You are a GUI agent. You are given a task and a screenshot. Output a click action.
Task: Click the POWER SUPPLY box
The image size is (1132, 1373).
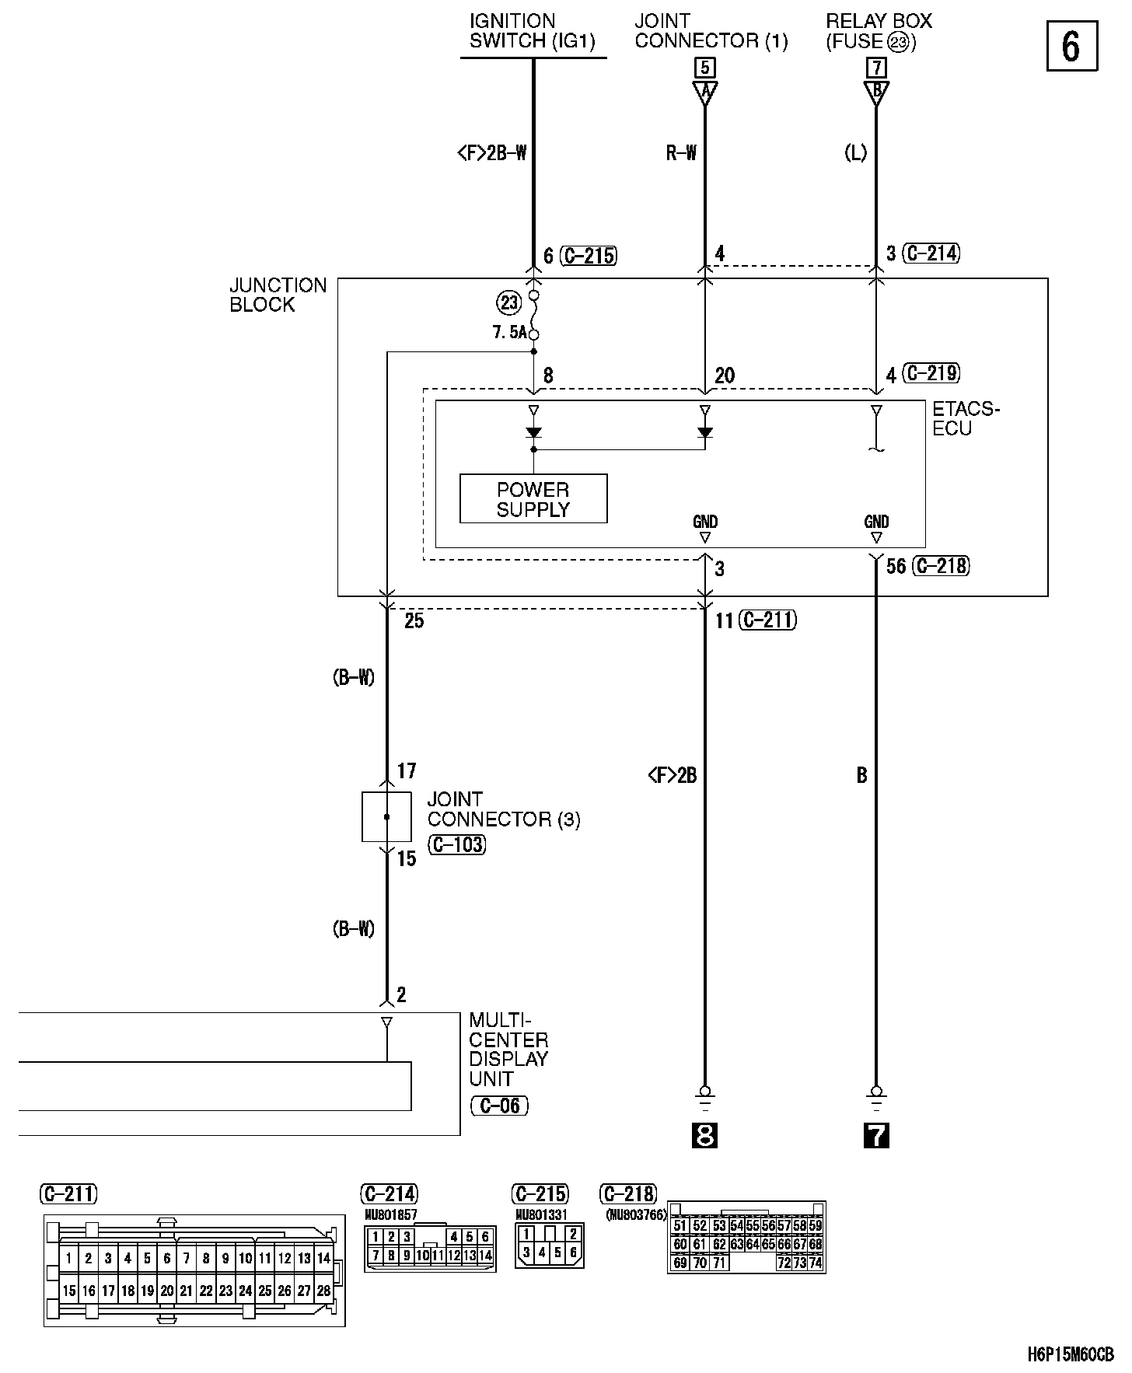click(533, 498)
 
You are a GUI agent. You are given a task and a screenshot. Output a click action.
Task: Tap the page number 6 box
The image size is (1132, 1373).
click(1071, 47)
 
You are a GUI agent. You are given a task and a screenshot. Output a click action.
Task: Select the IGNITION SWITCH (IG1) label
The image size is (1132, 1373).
click(533, 31)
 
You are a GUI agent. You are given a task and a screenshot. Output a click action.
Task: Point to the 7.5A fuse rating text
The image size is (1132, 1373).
click(509, 333)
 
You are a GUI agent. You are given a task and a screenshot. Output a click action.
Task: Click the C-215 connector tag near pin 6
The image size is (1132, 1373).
click(589, 255)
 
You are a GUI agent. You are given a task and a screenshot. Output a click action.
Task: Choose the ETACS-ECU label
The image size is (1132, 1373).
click(966, 418)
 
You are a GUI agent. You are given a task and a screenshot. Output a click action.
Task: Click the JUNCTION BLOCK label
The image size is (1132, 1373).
click(278, 295)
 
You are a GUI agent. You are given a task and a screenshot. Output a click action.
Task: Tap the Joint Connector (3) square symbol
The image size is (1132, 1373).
click(386, 817)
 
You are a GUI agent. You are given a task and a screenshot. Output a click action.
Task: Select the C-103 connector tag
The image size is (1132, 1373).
click(457, 844)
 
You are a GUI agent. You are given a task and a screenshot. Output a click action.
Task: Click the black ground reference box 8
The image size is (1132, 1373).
click(704, 1136)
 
